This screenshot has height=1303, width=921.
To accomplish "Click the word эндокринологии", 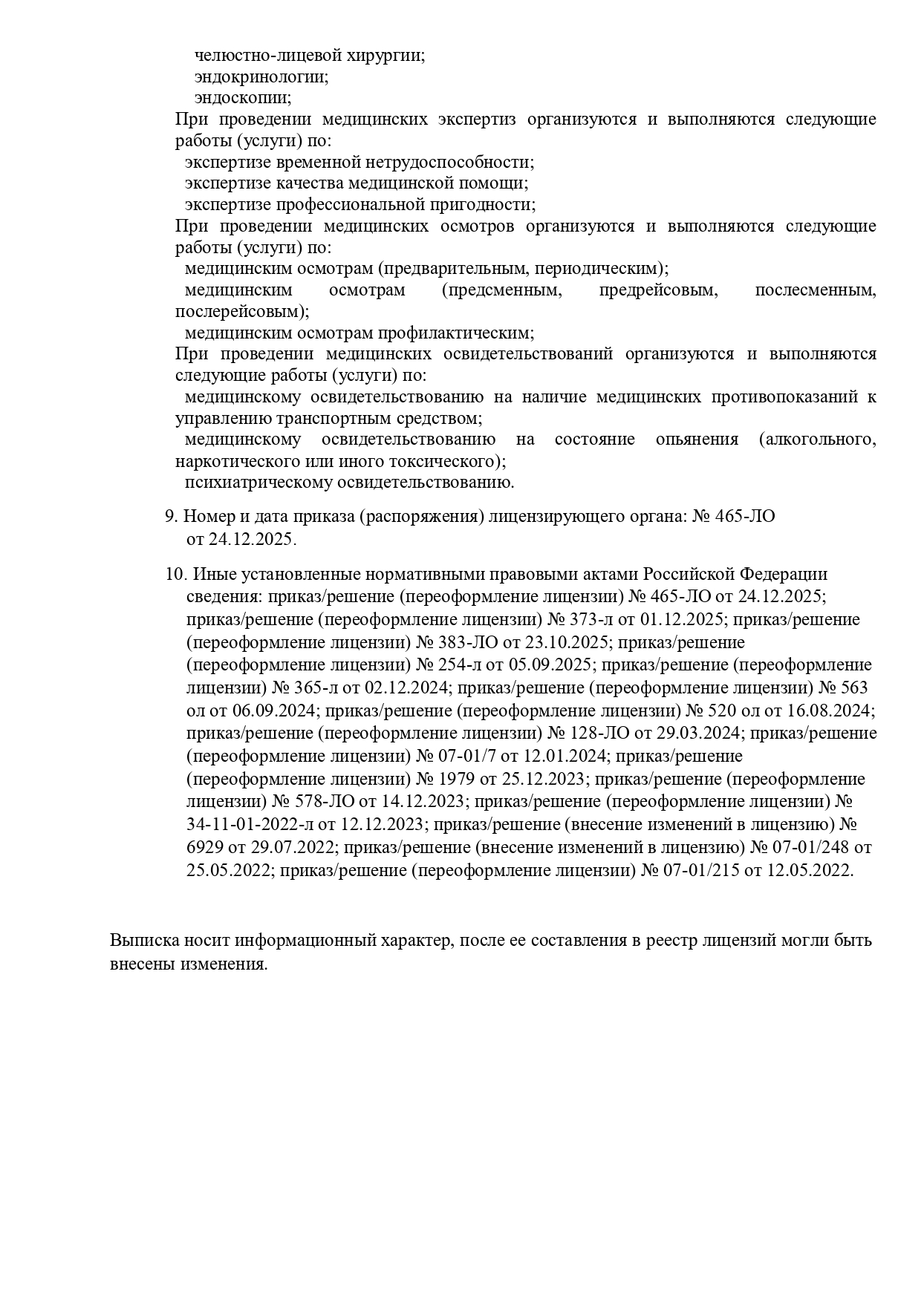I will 261,76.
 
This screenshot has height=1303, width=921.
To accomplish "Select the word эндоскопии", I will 243,98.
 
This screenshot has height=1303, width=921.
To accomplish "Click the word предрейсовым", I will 658,290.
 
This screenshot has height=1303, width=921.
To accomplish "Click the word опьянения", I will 697,440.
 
